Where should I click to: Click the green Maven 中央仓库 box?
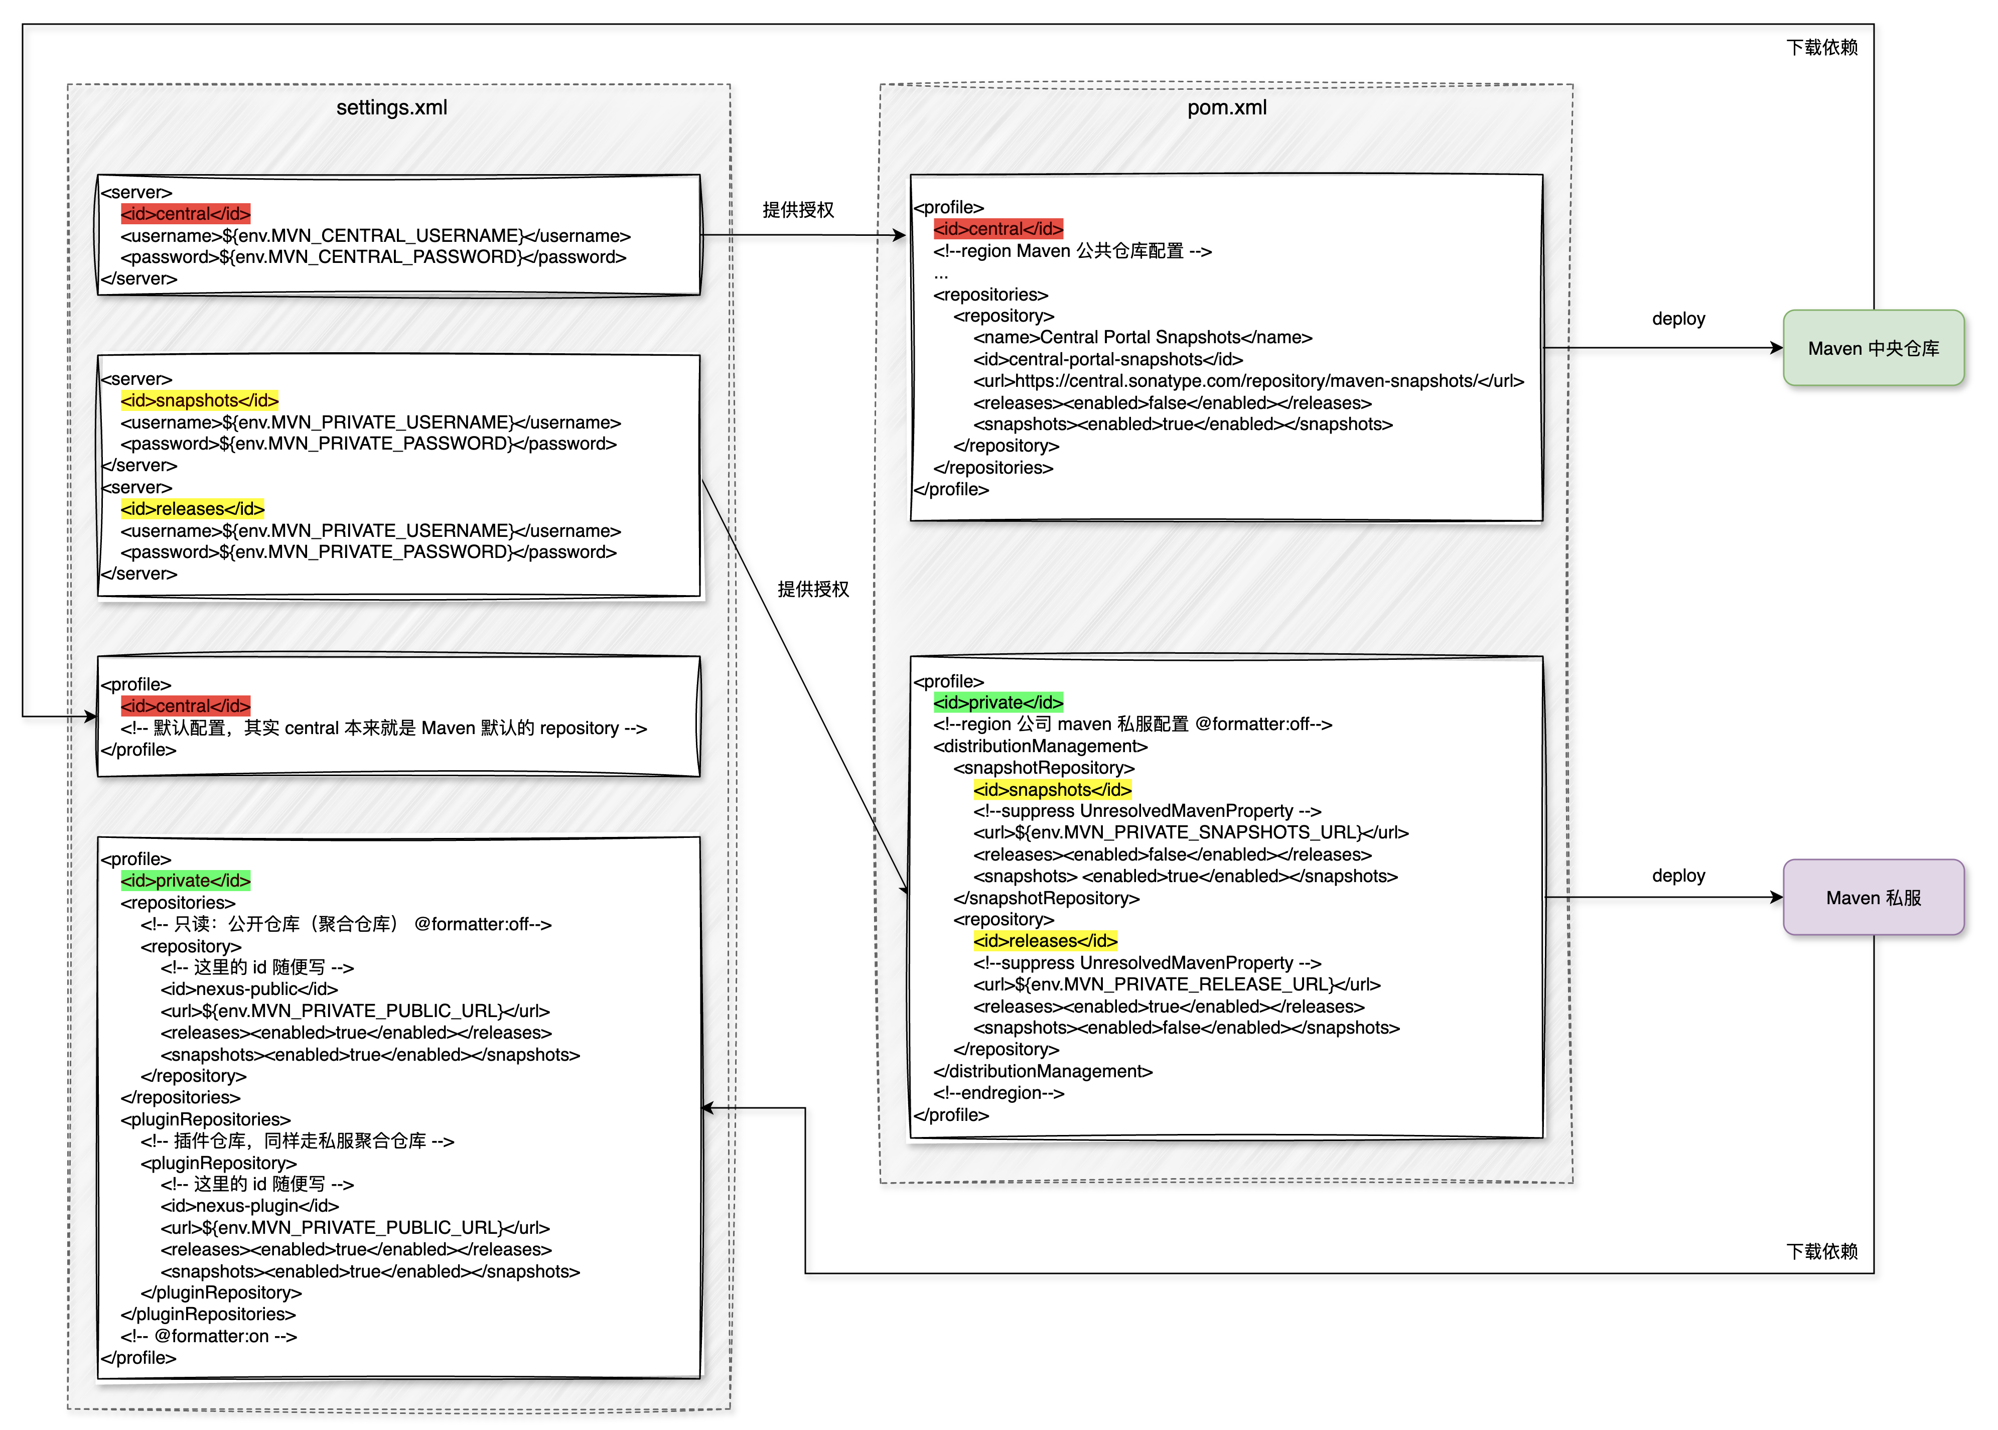point(1873,348)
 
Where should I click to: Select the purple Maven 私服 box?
point(1873,897)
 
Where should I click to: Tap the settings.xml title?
point(392,107)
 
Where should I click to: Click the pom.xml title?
point(1227,107)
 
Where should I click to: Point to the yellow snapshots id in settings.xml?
point(200,400)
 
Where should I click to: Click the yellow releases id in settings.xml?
point(193,509)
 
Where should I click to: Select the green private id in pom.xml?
point(998,702)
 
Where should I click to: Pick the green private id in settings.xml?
point(186,881)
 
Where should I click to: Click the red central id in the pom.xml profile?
point(998,229)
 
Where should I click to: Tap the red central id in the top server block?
point(186,214)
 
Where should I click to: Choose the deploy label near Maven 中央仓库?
point(1678,319)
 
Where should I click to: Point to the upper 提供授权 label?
point(798,210)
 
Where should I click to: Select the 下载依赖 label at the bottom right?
point(1822,1251)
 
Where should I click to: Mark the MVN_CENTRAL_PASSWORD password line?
point(373,257)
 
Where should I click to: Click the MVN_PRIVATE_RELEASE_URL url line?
point(1177,984)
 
